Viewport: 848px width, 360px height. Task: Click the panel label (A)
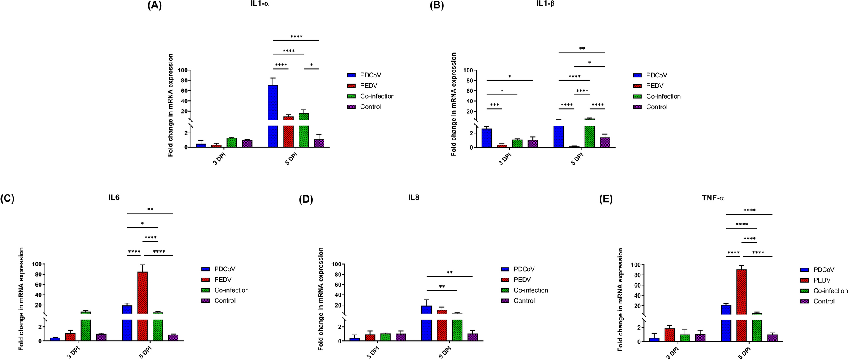tap(155, 5)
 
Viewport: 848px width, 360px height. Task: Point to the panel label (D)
tap(306, 199)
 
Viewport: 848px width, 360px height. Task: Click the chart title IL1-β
tap(545, 4)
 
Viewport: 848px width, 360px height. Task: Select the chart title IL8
tap(414, 197)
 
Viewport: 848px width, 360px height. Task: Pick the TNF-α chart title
tap(713, 198)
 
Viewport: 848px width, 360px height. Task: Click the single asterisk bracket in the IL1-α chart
tap(311, 65)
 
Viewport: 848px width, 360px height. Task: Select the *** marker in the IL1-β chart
tap(494, 105)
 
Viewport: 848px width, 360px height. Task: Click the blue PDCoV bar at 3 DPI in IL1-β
tap(486, 137)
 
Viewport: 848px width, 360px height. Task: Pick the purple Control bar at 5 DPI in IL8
tap(472, 337)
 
